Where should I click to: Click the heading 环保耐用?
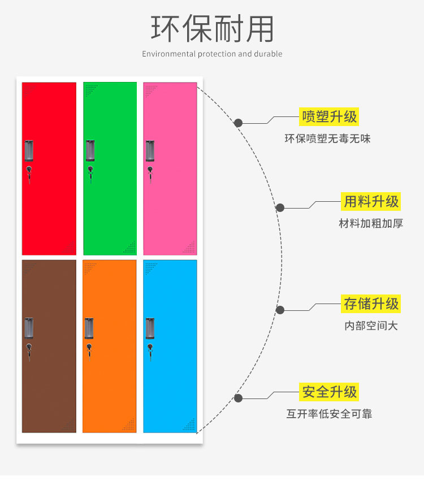tap(212, 28)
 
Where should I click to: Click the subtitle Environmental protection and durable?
tap(212, 54)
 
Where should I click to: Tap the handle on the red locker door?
tap(29, 150)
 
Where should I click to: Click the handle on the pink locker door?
tap(150, 150)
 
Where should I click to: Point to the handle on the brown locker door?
tap(29, 328)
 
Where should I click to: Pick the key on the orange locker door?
tap(89, 350)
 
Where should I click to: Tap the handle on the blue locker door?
tap(150, 328)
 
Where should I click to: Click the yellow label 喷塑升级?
tap(330, 117)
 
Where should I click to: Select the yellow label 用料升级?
tap(371, 201)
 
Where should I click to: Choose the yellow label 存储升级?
tap(371, 304)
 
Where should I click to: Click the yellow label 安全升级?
tap(330, 392)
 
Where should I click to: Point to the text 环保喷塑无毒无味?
tap(327, 138)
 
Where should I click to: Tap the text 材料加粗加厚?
tap(371, 223)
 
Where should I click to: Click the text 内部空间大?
tap(371, 326)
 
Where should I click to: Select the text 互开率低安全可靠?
tap(329, 414)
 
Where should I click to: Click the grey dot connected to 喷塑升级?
tap(239, 123)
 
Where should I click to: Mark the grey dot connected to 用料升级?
tap(280, 207)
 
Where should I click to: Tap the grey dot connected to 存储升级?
tap(280, 310)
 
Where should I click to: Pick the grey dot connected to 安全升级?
tap(239, 398)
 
